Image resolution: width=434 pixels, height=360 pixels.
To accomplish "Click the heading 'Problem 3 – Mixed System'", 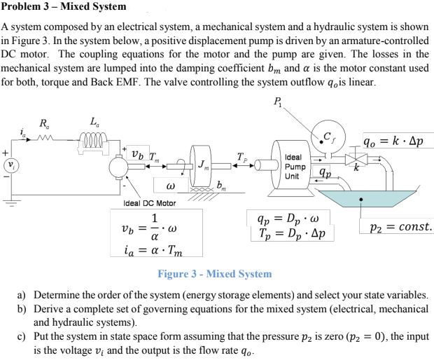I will coord(64,7).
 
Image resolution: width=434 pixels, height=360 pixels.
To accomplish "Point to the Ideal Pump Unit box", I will coord(293,166).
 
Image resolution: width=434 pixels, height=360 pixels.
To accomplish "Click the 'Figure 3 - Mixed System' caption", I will coord(214,273).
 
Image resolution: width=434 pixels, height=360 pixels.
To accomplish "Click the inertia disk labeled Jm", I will coord(200,167).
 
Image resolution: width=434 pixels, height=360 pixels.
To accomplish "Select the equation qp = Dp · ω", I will coord(292,218).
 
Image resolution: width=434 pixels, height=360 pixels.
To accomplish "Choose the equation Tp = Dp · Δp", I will coord(292,233).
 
